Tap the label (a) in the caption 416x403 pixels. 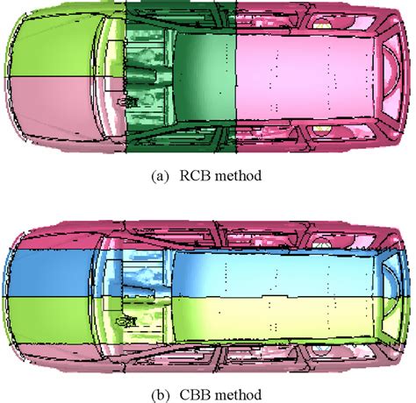pyautogui.click(x=160, y=176)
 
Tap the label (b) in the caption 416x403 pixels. pyautogui.click(x=160, y=395)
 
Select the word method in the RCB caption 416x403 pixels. pyautogui.click(x=238, y=176)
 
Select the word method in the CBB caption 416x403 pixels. pyautogui.click(x=238, y=395)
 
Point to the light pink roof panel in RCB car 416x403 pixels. pyautogui.click(x=305, y=77)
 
